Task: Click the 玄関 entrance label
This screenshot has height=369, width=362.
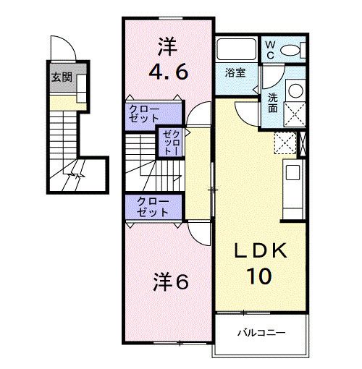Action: click(x=61, y=77)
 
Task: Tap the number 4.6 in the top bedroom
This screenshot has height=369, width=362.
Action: click(x=169, y=72)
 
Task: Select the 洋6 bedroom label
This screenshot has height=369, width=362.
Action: click(x=171, y=282)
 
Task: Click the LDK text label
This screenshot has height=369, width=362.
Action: click(x=261, y=251)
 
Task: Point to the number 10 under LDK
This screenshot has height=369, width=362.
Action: click(x=261, y=277)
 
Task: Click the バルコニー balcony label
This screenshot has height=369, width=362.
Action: click(x=261, y=333)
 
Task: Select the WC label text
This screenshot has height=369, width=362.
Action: click(x=269, y=50)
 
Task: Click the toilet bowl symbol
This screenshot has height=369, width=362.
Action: click(x=292, y=50)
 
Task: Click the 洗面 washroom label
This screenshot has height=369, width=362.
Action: click(x=273, y=103)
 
